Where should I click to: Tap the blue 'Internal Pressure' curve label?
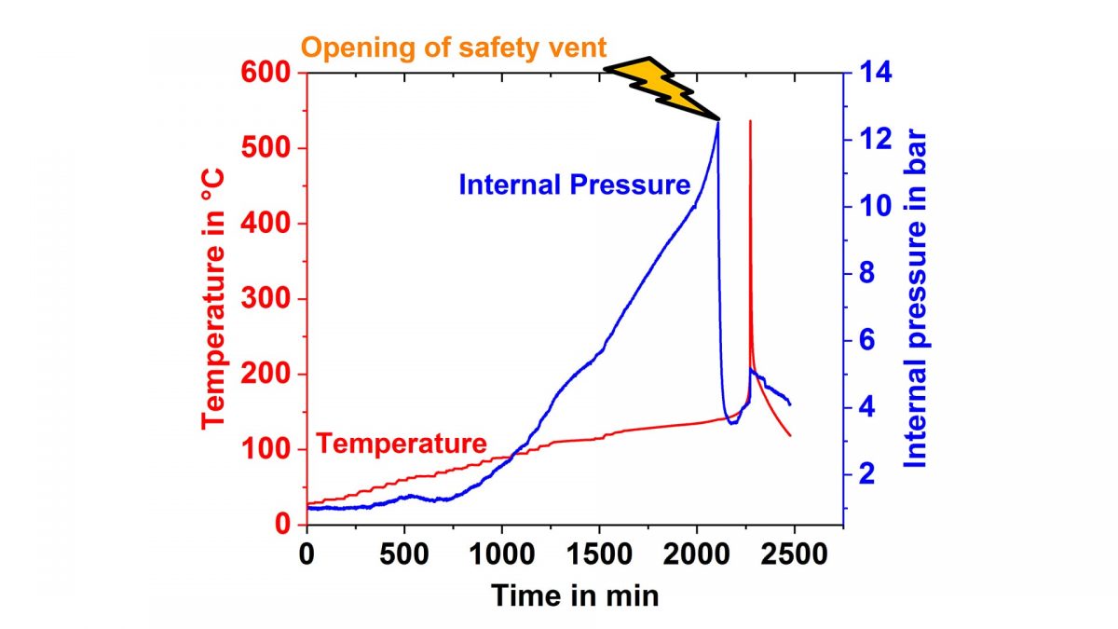tap(574, 185)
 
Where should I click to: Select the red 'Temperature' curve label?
tap(401, 444)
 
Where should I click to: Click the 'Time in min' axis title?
tap(575, 595)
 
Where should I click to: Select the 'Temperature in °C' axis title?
tap(215, 297)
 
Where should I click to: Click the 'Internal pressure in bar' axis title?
tap(917, 297)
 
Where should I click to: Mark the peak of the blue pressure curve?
tap(717, 122)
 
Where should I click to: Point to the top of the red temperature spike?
tap(750, 121)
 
